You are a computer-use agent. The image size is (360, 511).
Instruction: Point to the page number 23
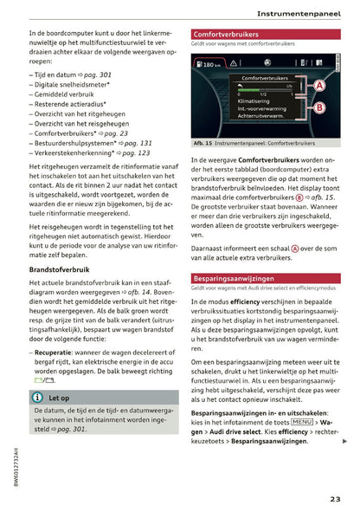pyautogui.click(x=335, y=498)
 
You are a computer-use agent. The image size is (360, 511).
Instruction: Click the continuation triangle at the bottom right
pyautogui.click(x=345, y=442)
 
